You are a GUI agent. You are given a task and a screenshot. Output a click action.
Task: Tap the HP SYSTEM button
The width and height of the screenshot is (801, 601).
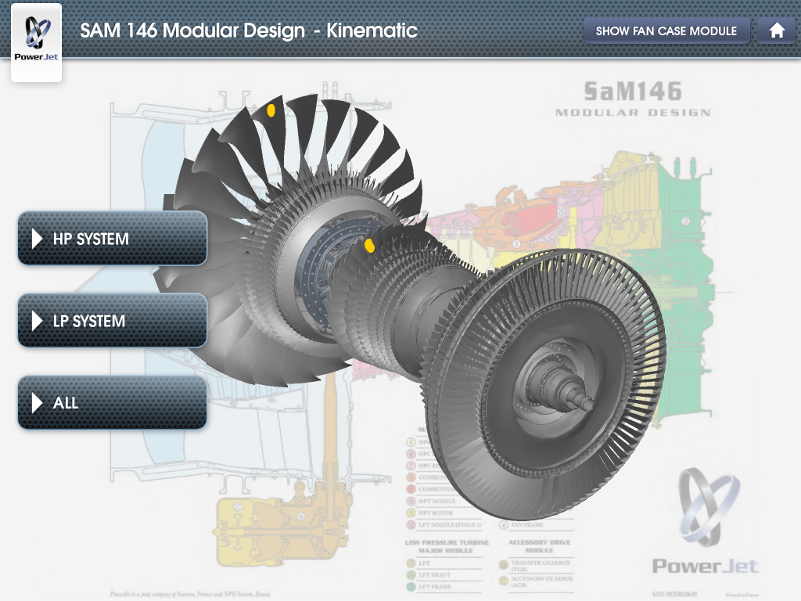tap(112, 239)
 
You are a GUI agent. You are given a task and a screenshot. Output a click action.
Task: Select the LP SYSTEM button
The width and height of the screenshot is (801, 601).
tap(112, 321)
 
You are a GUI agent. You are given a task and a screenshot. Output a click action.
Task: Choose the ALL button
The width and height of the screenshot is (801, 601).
tap(112, 403)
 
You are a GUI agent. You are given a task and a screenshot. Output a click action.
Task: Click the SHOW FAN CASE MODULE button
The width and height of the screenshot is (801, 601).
tap(666, 31)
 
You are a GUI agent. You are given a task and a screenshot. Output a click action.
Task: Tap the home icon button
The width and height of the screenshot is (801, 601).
tap(777, 31)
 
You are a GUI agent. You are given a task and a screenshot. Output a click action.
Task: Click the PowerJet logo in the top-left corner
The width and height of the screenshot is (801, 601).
tap(36, 41)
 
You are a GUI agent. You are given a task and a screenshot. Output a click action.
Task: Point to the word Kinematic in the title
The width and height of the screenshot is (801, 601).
tap(372, 31)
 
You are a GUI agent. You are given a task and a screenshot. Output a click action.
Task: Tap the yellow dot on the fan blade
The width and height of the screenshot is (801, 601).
tap(271, 110)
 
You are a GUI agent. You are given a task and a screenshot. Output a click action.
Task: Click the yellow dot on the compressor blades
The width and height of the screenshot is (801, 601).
tap(369, 246)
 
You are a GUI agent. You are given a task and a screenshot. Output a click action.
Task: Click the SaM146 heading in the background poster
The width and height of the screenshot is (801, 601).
tap(632, 92)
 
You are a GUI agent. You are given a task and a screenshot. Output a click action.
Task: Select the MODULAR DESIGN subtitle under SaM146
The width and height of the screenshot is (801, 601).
tap(632, 113)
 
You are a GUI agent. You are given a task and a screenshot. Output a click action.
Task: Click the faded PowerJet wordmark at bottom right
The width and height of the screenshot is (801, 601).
tap(705, 565)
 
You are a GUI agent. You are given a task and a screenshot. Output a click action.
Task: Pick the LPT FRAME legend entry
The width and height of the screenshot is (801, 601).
tap(436, 586)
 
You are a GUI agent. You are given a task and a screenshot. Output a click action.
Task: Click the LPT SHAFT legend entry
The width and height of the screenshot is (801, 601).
tap(436, 574)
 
